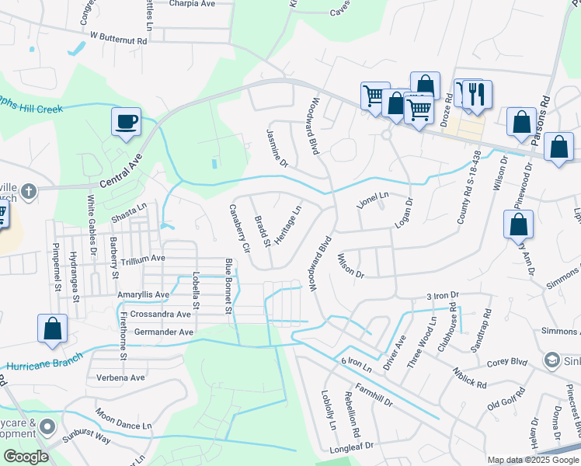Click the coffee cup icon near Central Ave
pos(126,122)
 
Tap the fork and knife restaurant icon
pos(473,94)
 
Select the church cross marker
pos(28,190)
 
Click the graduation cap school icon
pos(551,360)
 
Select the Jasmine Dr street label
pos(277,148)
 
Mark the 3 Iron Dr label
pos(444,296)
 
